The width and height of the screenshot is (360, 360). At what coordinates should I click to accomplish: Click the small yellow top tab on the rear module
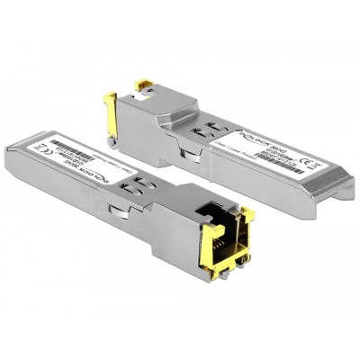(143, 85)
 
